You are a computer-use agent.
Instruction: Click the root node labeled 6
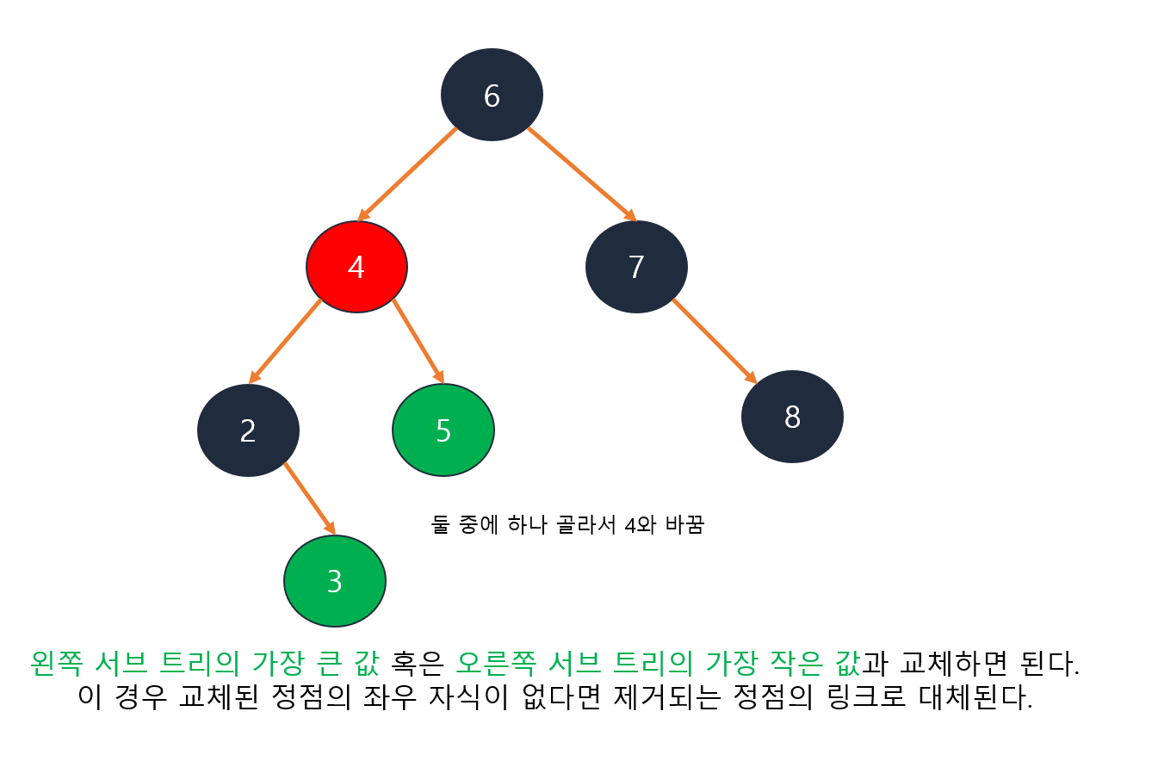492,95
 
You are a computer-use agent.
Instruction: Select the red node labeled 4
356,267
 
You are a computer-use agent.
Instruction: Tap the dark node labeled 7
636,267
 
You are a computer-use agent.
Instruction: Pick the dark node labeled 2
248,430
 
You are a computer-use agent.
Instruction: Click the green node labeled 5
443,430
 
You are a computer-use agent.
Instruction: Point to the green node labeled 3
335,581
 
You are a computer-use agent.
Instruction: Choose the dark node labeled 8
792,417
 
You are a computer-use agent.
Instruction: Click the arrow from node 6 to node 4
406,174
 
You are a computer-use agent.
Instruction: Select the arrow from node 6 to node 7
582,174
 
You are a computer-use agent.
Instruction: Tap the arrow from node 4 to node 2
285,341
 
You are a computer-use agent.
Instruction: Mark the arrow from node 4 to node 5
418,341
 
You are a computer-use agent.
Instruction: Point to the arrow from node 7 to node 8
714,341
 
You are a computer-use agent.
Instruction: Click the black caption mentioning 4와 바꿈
567,524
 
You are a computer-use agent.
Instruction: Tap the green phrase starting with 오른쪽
658,663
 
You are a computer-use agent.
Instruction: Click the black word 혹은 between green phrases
418,663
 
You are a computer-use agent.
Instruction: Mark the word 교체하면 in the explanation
958,663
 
